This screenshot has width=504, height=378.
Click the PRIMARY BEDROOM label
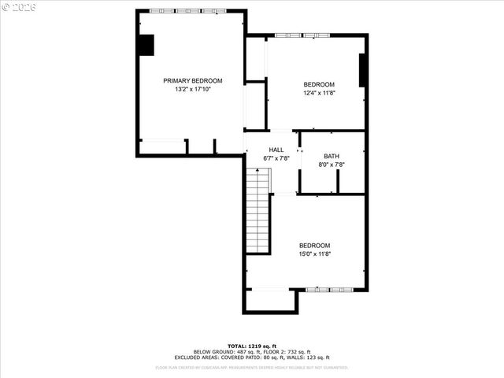(193, 80)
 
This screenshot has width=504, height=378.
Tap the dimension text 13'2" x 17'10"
(193, 89)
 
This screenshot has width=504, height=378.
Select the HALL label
(276, 150)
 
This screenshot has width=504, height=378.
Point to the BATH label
(331, 156)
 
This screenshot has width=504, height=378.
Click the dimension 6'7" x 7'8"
(276, 158)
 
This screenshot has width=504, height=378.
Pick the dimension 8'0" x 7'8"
(331, 165)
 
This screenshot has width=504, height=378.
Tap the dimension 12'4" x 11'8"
(320, 93)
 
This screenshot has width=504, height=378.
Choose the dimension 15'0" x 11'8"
(314, 254)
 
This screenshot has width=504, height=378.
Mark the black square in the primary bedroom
(146, 46)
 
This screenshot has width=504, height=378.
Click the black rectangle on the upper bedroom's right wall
(363, 70)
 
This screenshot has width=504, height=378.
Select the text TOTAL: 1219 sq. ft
(252, 346)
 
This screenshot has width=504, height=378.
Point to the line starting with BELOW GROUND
(252, 351)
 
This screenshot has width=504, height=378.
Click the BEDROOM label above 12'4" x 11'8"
(320, 84)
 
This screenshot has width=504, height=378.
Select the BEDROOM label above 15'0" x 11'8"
(314, 245)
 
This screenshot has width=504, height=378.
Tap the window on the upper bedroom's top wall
(302, 35)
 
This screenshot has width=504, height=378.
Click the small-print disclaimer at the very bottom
(252, 367)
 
